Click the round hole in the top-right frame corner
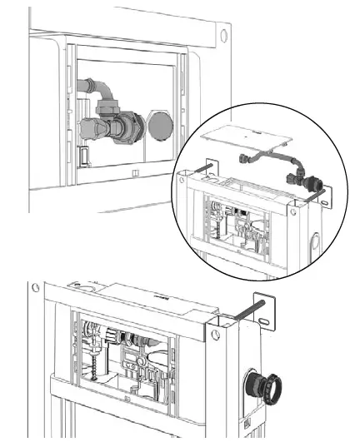click(x=222, y=36)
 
